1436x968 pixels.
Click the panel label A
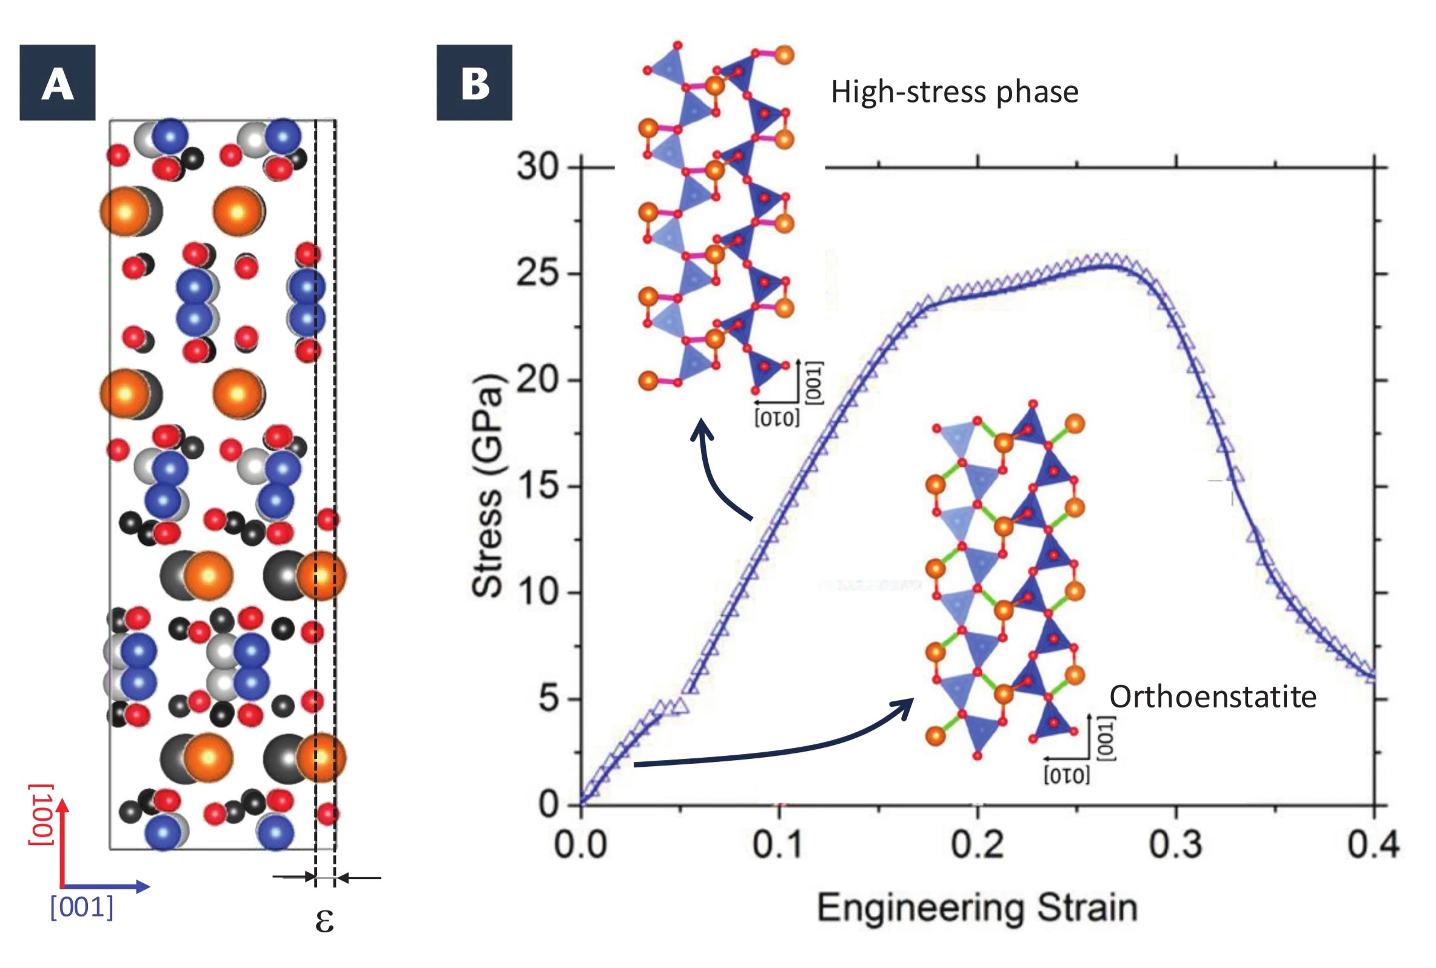click(58, 82)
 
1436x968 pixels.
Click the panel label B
click(474, 82)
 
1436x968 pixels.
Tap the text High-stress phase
click(955, 92)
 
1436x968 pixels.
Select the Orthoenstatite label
click(1212, 696)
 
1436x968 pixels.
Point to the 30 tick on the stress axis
click(537, 167)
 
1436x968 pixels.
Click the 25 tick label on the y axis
click(537, 273)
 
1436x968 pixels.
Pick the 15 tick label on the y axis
click(537, 486)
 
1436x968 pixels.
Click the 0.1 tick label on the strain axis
click(778, 844)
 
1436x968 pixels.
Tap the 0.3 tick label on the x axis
click(1175, 844)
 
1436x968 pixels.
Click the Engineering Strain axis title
click(977, 907)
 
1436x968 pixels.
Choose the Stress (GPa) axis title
click(488, 486)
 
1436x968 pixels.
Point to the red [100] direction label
click(41, 814)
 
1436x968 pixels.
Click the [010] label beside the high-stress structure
click(777, 419)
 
